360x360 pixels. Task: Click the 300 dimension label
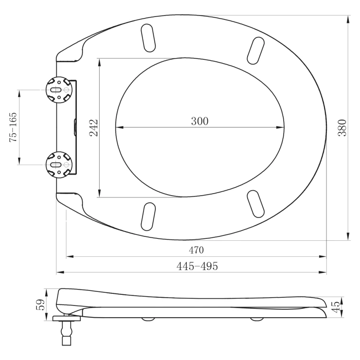tap(200, 121)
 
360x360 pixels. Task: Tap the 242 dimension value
tap(94, 128)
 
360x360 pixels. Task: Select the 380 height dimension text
tap(342, 128)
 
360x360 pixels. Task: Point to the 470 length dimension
tap(197, 250)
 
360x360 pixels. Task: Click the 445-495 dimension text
tap(197, 266)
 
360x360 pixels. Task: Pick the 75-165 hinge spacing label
tap(13, 127)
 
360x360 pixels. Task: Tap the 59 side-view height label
tap(40, 305)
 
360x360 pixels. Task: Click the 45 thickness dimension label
tap(336, 307)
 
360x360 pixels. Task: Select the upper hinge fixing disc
tap(59, 90)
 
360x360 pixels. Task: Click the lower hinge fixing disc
tap(59, 164)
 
